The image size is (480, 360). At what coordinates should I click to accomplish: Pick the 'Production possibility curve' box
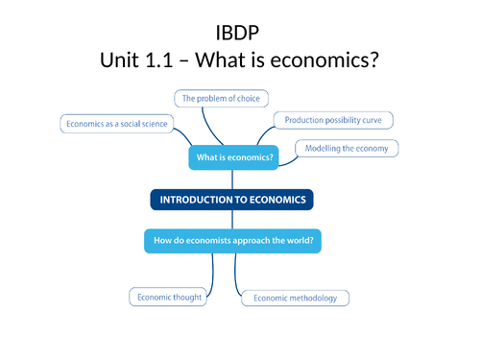click(333, 120)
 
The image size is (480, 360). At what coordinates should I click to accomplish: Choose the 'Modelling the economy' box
click(346, 148)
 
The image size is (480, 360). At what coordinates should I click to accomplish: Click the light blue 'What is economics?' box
click(233, 157)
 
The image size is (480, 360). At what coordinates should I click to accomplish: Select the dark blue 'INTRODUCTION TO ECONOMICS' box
click(232, 200)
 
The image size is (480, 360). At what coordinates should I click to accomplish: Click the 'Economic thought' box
click(169, 298)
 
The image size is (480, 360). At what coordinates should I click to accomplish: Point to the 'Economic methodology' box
click(295, 299)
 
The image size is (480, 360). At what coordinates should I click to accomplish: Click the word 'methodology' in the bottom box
click(312, 299)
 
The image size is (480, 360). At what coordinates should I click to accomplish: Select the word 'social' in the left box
click(129, 124)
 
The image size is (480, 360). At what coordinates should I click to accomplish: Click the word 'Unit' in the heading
click(122, 59)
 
